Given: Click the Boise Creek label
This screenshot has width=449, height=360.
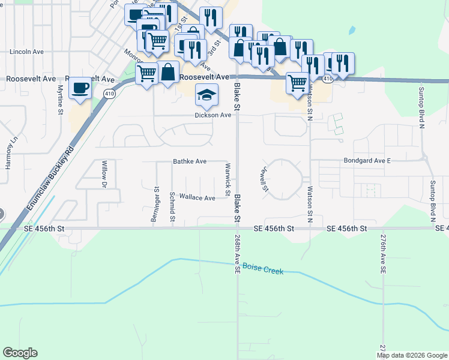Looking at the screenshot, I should (x=265, y=271).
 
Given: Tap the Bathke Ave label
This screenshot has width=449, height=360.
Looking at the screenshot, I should (x=190, y=161).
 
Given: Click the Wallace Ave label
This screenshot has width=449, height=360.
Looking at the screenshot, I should (x=197, y=197).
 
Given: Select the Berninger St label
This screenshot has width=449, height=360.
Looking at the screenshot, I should (x=157, y=206).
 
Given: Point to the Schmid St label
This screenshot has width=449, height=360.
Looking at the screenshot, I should (x=172, y=206).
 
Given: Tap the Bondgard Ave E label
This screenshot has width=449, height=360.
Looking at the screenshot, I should (x=367, y=161).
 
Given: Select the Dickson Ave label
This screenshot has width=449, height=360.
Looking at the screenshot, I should (x=212, y=115).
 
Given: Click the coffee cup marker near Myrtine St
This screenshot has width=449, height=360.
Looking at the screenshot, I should (x=80, y=88).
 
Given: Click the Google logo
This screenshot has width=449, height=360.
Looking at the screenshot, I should (x=20, y=353).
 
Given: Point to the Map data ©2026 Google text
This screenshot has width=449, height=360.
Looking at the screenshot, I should (x=412, y=355).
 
